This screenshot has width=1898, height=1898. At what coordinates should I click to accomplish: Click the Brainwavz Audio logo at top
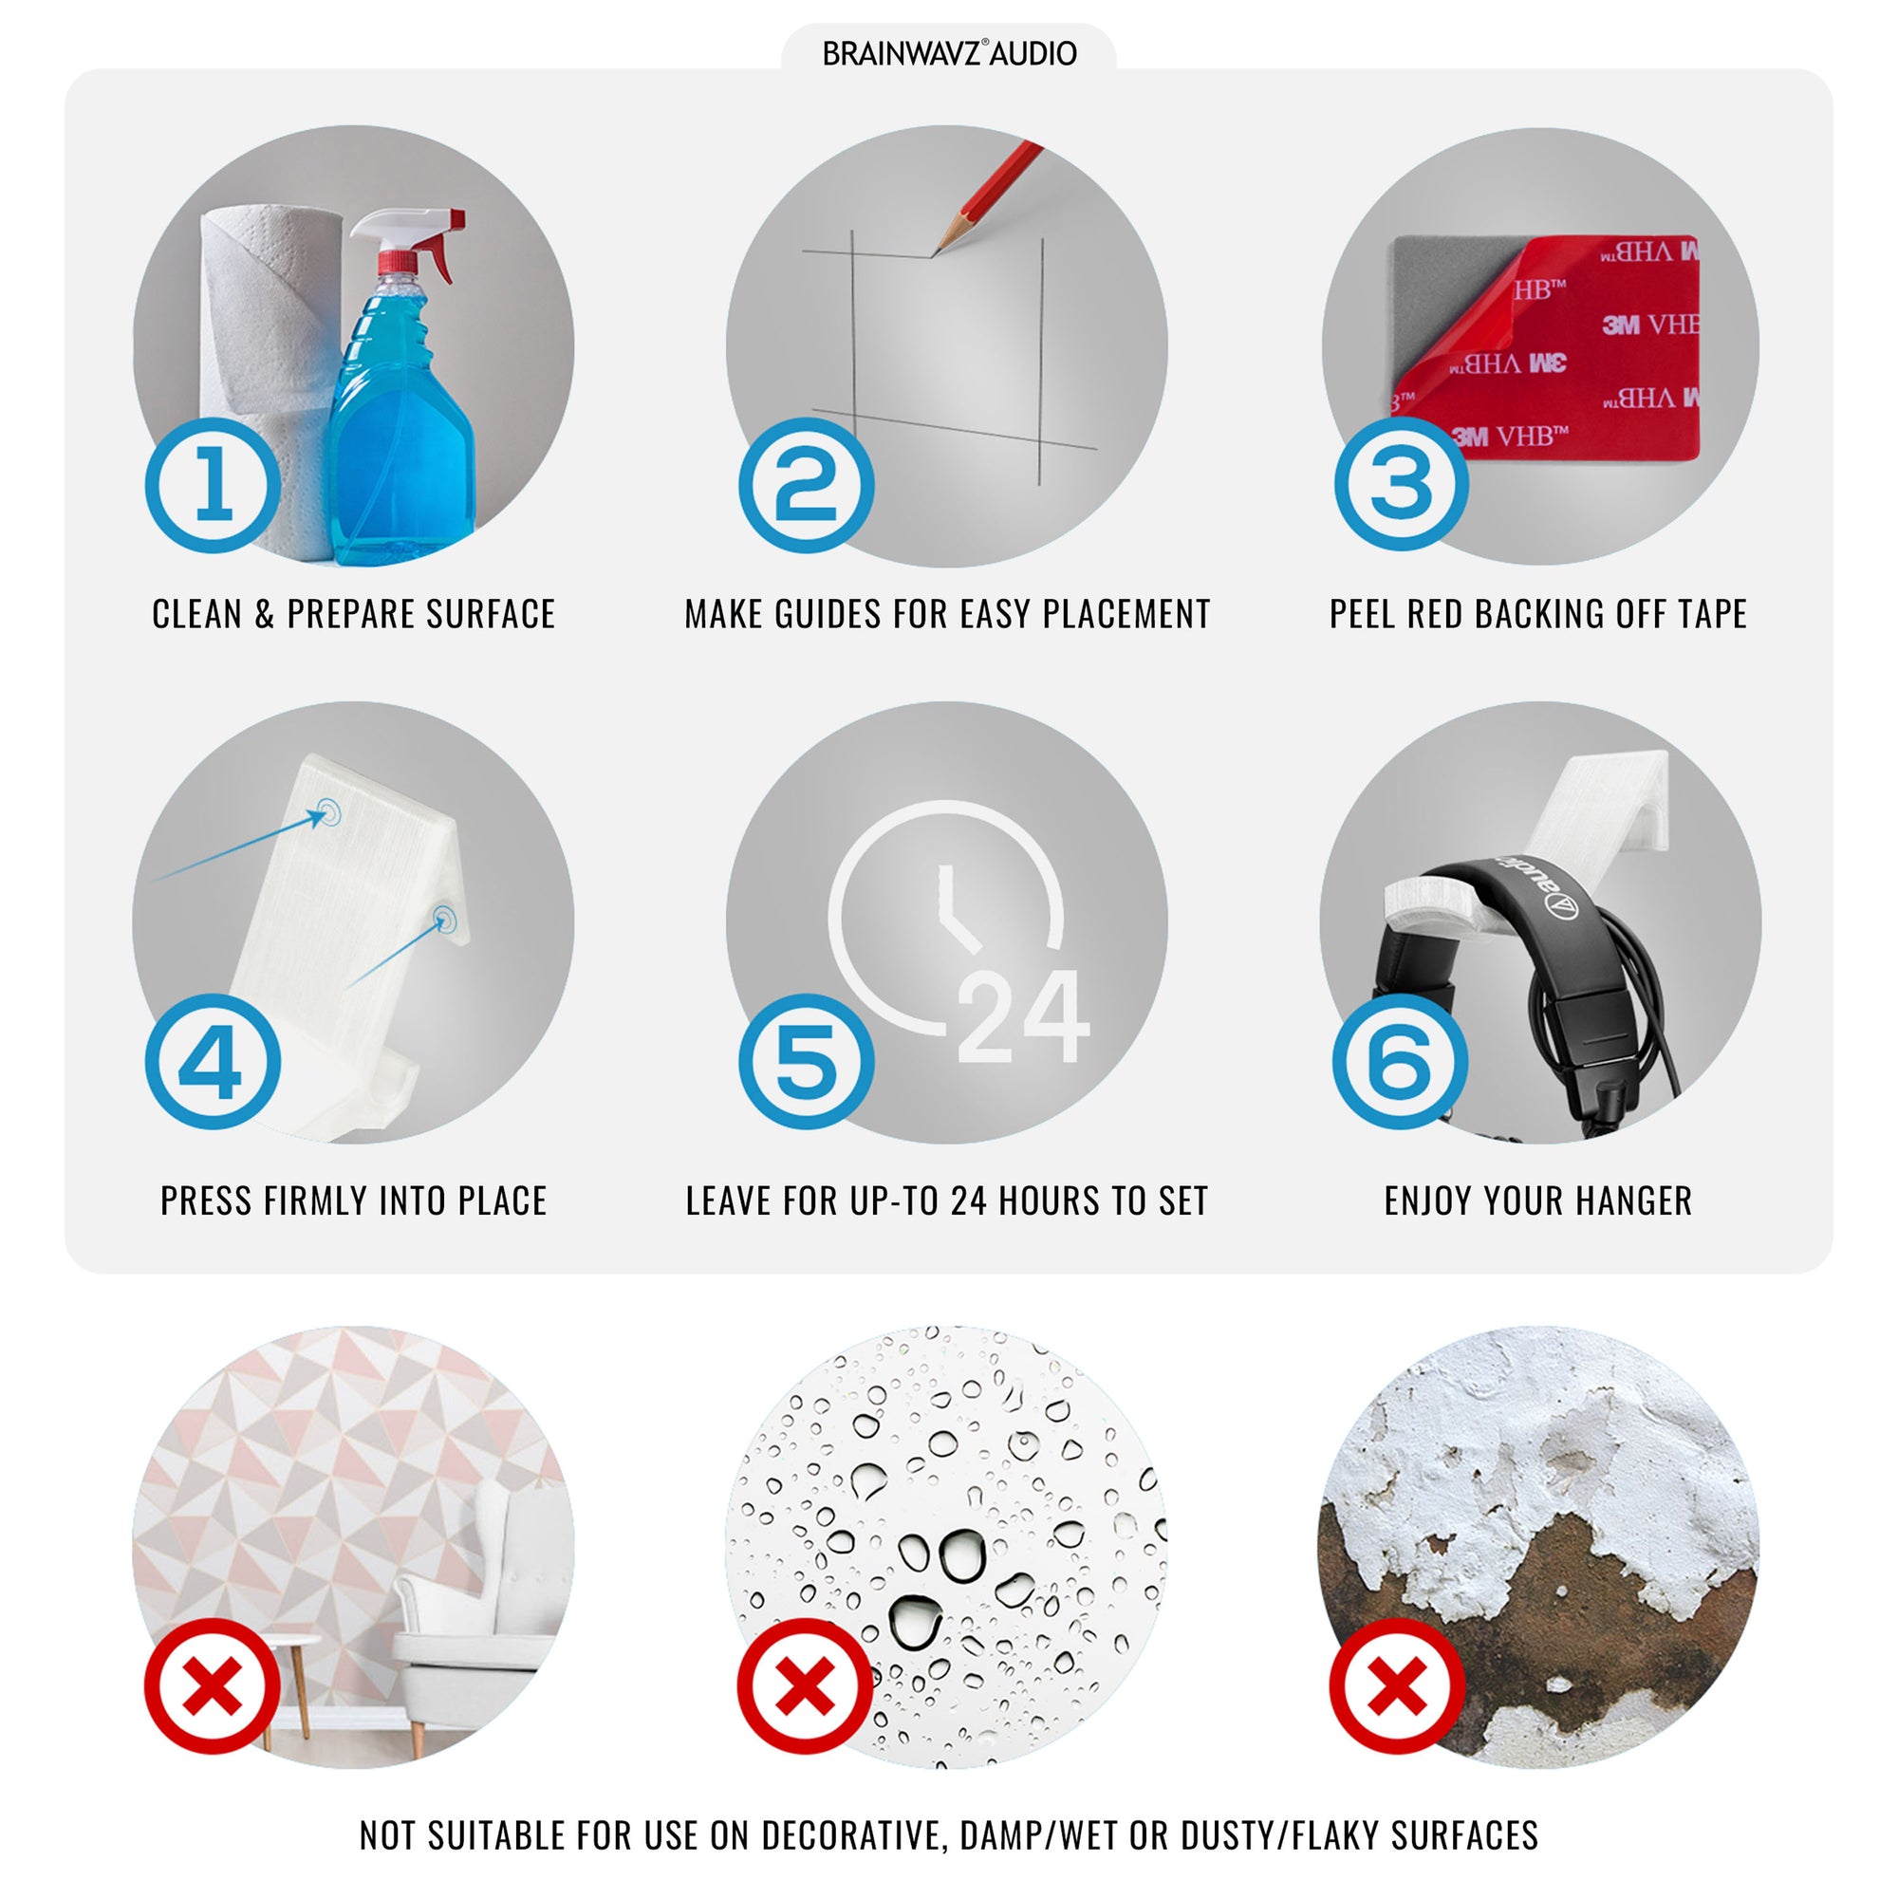pyautogui.click(x=949, y=53)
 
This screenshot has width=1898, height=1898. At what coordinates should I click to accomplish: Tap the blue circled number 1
pyautogui.click(x=214, y=485)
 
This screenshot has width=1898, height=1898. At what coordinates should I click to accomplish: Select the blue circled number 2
pyautogui.click(x=806, y=485)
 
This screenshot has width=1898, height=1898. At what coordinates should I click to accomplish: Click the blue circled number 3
pyautogui.click(x=1401, y=483)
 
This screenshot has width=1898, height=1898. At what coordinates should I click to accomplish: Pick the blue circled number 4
pyautogui.click(x=214, y=1061)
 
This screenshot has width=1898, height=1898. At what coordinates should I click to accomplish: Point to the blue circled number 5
pyautogui.click(x=806, y=1061)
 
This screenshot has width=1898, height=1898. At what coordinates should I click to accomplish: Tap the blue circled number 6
pyautogui.click(x=1400, y=1061)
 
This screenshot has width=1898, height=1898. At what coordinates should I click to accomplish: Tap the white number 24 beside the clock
pyautogui.click(x=1023, y=1016)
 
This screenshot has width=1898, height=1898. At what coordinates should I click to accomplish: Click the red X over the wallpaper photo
pyautogui.click(x=213, y=1685)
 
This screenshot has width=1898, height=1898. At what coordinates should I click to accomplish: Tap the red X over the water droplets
pyautogui.click(x=806, y=1685)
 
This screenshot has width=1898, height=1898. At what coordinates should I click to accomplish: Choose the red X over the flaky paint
pyautogui.click(x=1397, y=1685)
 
